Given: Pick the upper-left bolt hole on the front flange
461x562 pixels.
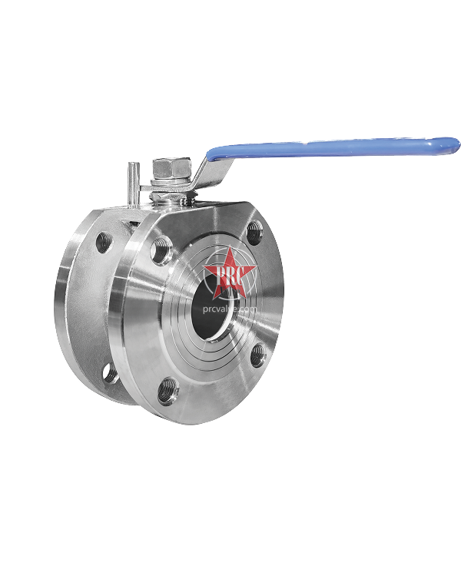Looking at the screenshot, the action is [x=162, y=250].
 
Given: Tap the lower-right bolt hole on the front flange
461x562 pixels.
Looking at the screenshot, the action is [x=257, y=355].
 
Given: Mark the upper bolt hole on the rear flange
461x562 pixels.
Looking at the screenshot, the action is [x=104, y=243].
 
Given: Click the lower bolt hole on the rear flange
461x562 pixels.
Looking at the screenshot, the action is [x=111, y=373].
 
